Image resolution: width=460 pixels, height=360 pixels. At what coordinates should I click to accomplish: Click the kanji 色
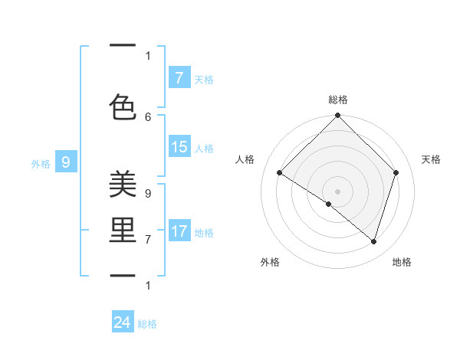pos(123,107)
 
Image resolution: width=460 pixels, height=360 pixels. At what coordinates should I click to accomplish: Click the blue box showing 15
pos(179,147)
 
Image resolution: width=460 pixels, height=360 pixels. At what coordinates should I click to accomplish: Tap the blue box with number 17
pos(179,231)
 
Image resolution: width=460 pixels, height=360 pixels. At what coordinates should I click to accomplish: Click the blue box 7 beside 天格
pos(179,78)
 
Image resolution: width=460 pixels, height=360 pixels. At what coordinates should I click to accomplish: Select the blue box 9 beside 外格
pos(66,162)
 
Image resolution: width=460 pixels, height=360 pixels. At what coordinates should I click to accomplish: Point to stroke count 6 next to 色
pos(148,116)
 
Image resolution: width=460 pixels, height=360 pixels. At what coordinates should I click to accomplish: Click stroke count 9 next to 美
pos(148,194)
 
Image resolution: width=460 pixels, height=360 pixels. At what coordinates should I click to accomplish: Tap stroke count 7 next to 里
pos(148,240)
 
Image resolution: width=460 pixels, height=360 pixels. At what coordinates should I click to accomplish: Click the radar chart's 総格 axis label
pos(337,100)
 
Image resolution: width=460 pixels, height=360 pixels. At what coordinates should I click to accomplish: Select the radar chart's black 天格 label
pos(431,159)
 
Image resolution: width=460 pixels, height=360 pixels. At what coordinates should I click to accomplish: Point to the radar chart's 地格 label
pos(402,262)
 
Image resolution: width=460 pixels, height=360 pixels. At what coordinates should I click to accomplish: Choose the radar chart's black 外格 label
pos(270,262)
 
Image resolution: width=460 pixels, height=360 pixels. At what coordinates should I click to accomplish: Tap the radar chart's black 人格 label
pos(245,159)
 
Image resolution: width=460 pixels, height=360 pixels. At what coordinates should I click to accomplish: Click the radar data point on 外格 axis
pos(328,204)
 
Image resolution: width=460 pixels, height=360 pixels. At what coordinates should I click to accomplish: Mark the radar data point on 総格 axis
pos(337,116)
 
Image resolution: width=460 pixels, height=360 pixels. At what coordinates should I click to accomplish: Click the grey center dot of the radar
pos(337,191)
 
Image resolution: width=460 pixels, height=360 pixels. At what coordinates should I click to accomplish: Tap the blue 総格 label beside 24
pos(148,324)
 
